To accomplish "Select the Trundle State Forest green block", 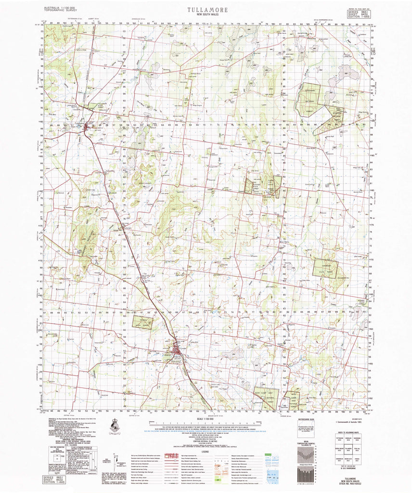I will (x=143, y=323).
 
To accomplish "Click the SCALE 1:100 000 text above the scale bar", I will (x=206, y=421).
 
